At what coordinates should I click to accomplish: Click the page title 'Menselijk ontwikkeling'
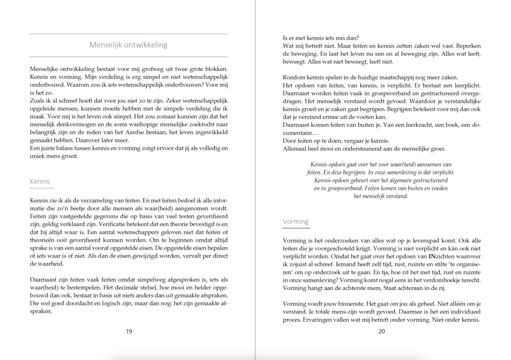coord(128,45)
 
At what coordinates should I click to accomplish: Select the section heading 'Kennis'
coord(40,181)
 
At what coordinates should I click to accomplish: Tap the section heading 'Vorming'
coord(295,221)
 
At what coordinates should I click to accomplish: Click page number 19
coord(128,332)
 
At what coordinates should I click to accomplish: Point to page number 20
coord(382,332)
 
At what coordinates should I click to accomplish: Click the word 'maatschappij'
coord(407,77)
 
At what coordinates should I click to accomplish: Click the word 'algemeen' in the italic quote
coord(390,180)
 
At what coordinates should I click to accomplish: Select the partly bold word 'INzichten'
coord(434,256)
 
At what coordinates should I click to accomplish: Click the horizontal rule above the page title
coord(128,34)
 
